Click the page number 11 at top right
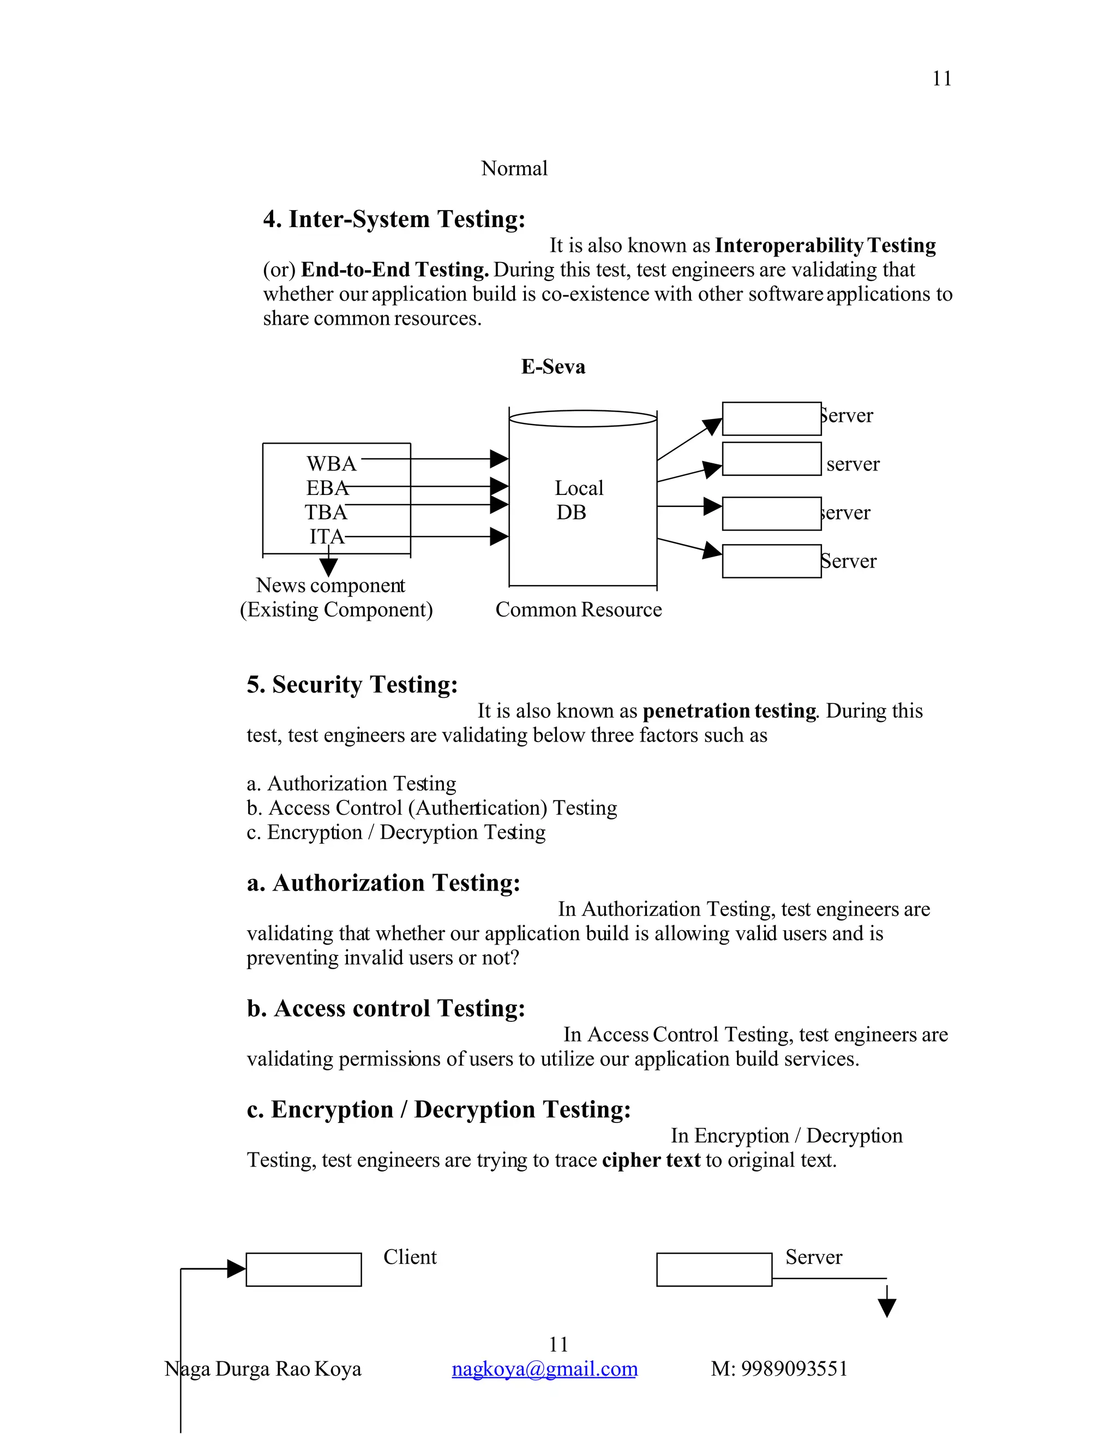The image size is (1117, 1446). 941,78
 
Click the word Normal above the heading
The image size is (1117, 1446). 514,168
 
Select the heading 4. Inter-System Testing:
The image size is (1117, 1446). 394,219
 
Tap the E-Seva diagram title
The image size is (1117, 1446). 553,367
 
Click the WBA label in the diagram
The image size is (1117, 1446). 331,463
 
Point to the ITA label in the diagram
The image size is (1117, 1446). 327,536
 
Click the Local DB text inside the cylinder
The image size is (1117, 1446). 578,500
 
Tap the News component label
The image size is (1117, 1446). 330,585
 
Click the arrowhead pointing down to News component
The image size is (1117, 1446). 328,567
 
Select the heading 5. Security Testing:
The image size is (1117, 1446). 352,685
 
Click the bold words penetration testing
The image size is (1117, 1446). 729,711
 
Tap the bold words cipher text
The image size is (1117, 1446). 651,1160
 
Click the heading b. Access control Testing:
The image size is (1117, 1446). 386,1008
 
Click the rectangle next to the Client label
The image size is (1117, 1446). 303,1269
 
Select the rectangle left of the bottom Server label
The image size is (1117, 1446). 713,1269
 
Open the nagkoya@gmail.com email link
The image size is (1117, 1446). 544,1369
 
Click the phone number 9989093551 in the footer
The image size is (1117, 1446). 794,1369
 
